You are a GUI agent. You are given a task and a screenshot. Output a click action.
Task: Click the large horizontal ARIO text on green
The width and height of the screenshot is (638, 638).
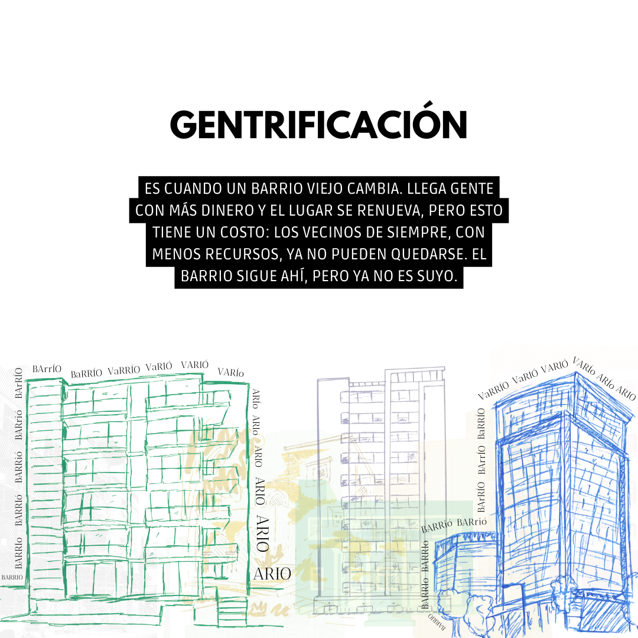[272, 573]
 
